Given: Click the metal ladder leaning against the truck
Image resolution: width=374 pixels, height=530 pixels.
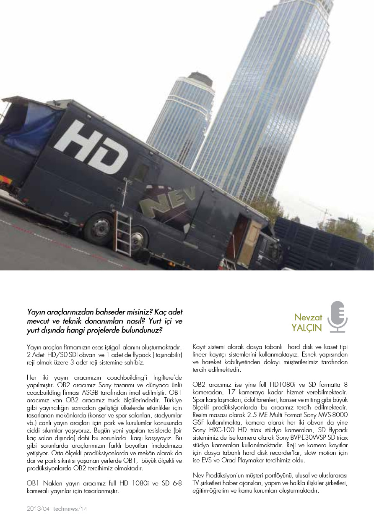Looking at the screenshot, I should pos(122,234).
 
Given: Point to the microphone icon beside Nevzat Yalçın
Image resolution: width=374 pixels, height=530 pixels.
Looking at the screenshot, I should pos(338,317).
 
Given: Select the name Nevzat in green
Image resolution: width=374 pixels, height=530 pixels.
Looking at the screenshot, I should pos(308,317).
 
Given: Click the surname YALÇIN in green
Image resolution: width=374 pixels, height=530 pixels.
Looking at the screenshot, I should pos(307,328).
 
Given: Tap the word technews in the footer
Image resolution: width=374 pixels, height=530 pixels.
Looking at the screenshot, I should pos(65,509).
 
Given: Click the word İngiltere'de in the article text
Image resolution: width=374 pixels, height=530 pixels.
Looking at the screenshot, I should pos(167,378).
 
